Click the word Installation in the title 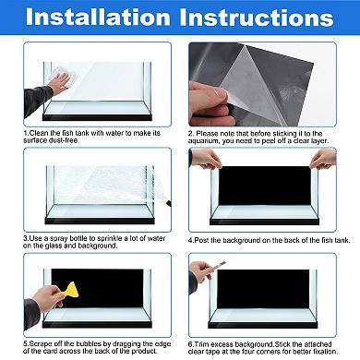tap(98, 18)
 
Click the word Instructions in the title tap(257, 18)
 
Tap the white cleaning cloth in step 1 tap(63, 77)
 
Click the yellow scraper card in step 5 tap(71, 290)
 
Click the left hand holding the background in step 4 tap(205, 159)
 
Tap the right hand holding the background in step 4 tap(323, 159)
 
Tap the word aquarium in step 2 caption tap(203, 141)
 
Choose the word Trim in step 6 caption tap(201, 344)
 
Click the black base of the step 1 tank tap(97, 117)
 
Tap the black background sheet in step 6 tap(263, 289)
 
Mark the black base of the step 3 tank tap(100, 221)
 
